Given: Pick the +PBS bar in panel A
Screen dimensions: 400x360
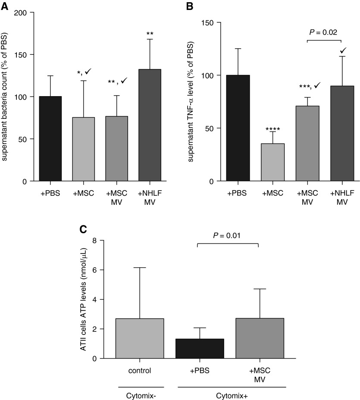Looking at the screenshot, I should [50, 138].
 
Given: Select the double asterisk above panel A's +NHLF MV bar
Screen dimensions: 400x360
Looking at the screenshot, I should [150, 33].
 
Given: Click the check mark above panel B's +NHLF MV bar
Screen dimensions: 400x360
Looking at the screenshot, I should [340, 50].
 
